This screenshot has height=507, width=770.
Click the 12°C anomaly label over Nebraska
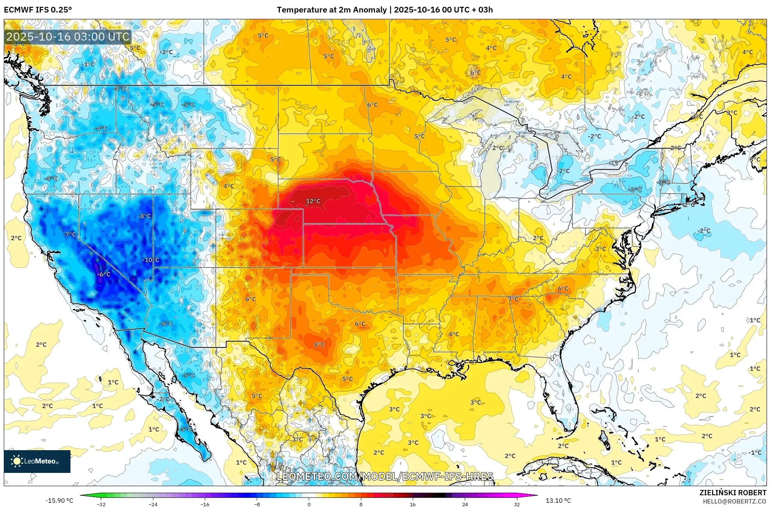(313, 201)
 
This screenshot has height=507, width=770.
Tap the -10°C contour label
(150, 260)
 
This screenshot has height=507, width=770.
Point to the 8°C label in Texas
(319, 344)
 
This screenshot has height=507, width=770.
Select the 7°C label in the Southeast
(513, 299)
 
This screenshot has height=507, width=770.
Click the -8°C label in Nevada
(144, 216)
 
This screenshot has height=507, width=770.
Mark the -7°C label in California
(69, 235)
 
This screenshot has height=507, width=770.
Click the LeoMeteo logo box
(37, 461)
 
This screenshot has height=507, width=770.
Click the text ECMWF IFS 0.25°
(38, 10)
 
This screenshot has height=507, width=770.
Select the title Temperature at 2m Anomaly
(332, 10)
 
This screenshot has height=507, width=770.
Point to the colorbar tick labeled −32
(101, 504)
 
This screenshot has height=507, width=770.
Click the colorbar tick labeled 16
(413, 504)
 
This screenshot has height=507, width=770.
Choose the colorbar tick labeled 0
(309, 504)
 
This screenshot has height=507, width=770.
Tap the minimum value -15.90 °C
(59, 501)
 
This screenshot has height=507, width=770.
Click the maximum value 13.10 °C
(558, 501)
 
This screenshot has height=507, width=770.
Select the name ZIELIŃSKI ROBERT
(733, 493)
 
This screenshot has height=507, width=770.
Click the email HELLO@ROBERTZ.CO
(734, 501)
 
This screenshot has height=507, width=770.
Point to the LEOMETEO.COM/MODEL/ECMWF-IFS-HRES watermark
(385, 476)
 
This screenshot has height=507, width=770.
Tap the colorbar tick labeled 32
(517, 504)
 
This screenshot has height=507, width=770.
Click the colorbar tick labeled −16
(205, 504)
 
